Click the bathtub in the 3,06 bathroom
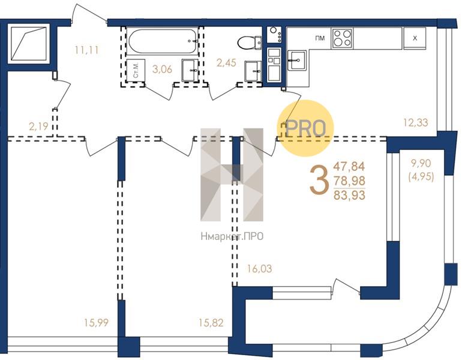pos(163,41)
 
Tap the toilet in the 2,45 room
pos(250,43)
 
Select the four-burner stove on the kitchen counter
pos(342,38)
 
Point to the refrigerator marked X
pos(415,38)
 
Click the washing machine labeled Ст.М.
pos(136,70)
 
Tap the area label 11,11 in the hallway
pos(86,50)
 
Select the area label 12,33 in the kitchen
pos(416,122)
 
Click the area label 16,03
pos(259,269)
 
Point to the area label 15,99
pos(96,323)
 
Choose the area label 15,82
pos(211,323)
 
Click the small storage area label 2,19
pos(38,127)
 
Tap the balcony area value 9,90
pos(421,163)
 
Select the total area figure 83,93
pos(349,196)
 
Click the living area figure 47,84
pos(349,166)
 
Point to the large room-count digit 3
pos(319,180)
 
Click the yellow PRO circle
pos(306,128)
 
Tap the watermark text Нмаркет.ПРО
pos(232,236)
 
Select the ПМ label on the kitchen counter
pos(320,38)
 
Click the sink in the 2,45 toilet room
pos(253,71)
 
